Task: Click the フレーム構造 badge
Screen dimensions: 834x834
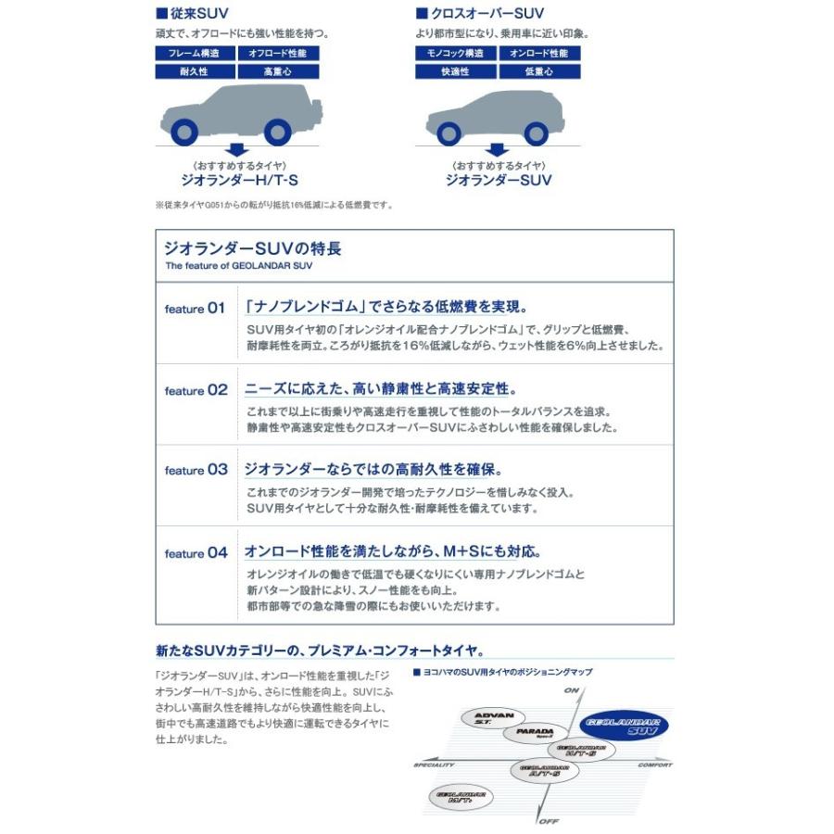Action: click(195, 54)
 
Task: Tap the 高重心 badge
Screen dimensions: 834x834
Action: click(278, 71)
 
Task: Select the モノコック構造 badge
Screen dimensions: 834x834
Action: click(455, 54)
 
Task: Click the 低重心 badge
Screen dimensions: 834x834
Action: click(539, 71)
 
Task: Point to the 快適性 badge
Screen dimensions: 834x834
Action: click(455, 71)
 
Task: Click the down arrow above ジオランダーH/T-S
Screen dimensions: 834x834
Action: click(237, 149)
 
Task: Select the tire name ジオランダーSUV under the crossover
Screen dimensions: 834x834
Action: click(499, 181)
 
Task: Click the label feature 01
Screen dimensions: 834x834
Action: click(195, 309)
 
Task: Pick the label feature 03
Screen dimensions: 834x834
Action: click(196, 471)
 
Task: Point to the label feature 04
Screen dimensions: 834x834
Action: click(196, 553)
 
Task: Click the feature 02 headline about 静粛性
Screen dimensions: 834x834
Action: click(380, 389)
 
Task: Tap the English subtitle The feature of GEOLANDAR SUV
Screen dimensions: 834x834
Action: click(238, 265)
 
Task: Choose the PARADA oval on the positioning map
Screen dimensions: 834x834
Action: click(536, 733)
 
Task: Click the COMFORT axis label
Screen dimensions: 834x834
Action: click(654, 765)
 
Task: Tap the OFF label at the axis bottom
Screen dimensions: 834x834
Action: click(549, 821)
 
